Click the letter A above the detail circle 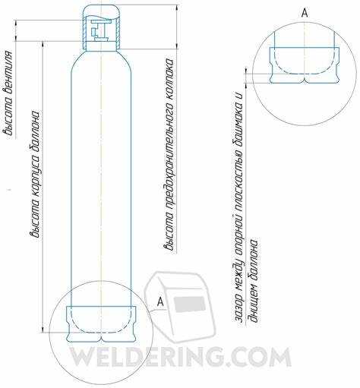click(305, 13)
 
